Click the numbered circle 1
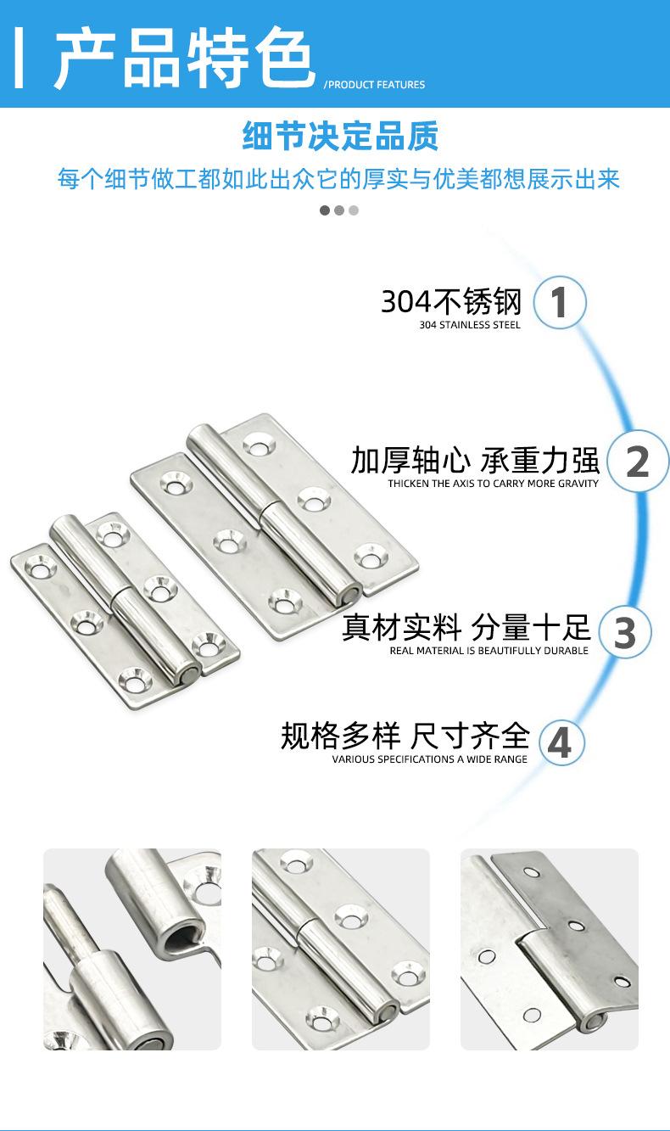tap(559, 303)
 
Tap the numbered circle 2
tap(637, 462)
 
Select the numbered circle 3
tap(625, 633)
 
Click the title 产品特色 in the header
tap(185, 58)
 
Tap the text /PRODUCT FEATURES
tap(374, 85)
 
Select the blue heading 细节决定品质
tap(340, 136)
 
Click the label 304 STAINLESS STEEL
tap(470, 325)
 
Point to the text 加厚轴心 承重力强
tap(475, 461)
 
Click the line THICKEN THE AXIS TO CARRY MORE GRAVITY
tap(493, 484)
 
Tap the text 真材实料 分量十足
tap(466, 629)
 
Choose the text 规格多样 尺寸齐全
tap(405, 736)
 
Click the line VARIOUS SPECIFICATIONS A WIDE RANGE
tap(429, 759)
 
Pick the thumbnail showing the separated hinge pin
tap(132, 949)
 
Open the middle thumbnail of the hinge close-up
tap(341, 949)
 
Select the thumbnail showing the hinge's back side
tap(549, 949)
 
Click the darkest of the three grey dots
tap(325, 210)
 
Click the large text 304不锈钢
tap(451, 301)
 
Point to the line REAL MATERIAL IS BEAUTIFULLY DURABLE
tap(489, 651)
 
